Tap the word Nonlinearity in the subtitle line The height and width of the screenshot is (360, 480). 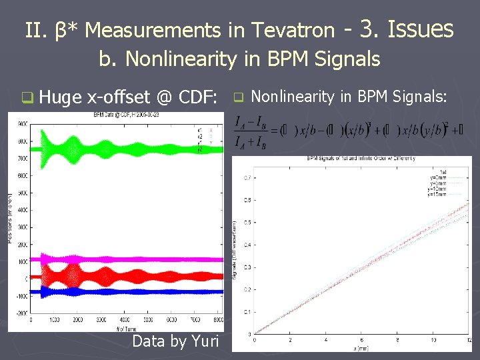pos(181,59)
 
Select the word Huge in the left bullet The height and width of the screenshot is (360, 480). pos(61,98)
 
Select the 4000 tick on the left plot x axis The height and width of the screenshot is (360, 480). pos(124,321)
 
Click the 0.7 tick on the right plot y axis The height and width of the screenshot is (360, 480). pos(247,177)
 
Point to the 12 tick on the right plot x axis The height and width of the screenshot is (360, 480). pos(470,340)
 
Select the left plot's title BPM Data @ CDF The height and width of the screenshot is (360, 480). pos(127,115)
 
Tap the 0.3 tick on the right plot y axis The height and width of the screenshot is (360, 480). pos(247,267)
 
